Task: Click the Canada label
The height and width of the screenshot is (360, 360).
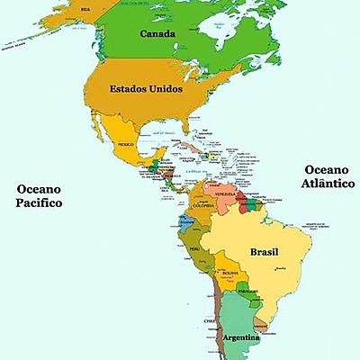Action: pyautogui.click(x=157, y=34)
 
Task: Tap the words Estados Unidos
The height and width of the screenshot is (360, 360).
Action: pyautogui.click(x=146, y=89)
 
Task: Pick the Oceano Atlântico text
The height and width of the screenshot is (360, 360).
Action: pyautogui.click(x=328, y=178)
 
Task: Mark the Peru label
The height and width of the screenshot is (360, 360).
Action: pyautogui.click(x=193, y=247)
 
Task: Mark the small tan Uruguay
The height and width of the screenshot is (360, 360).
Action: pyautogui.click(x=260, y=323)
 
